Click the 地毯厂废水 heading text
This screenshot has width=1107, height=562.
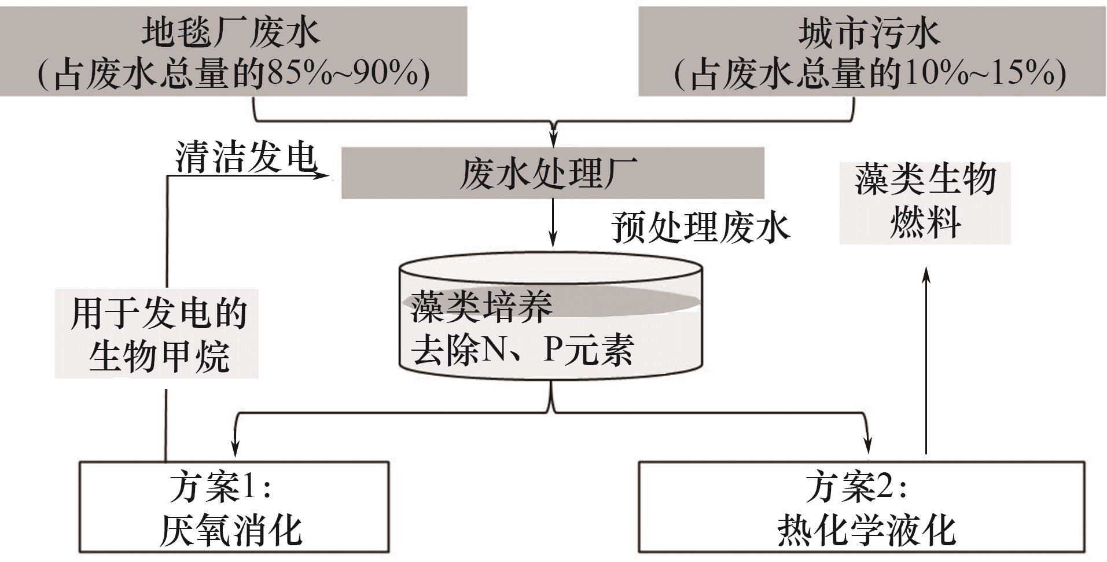pos(231,32)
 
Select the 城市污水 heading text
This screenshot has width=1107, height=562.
pos(870,32)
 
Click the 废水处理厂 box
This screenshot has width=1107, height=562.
pos(552,173)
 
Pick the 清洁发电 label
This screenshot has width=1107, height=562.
pos(247,157)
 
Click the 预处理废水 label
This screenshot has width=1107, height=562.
pos(701,227)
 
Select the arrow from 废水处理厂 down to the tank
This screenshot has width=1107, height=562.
pos(553,223)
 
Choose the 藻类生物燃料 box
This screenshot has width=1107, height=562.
pos(925,202)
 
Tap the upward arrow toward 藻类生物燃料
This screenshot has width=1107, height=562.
pos(926,359)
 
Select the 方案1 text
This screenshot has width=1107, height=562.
pos(220,487)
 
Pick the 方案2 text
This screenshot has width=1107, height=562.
pos(856,487)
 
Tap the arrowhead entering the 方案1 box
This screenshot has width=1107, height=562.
pos(234,447)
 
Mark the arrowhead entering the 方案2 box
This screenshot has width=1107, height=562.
pos(867,446)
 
